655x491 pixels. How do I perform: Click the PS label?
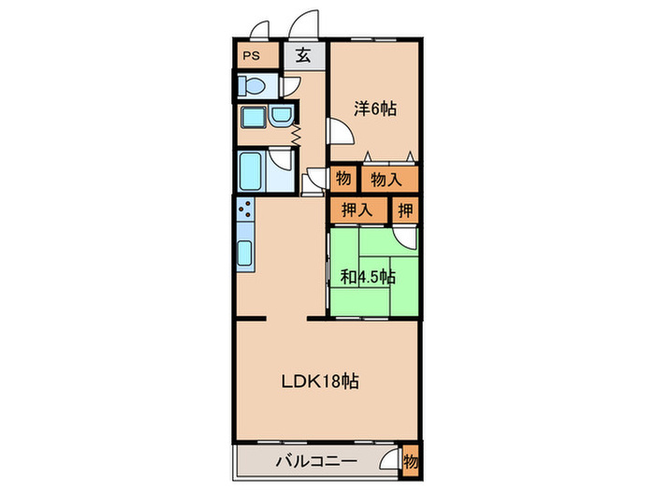(251, 55)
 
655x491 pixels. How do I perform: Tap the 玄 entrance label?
(304, 55)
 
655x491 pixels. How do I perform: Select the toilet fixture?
(250, 86)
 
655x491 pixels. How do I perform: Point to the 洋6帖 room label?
(374, 108)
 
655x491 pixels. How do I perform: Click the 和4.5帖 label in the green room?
(367, 277)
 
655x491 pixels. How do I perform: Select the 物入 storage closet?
(386, 178)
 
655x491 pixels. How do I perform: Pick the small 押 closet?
(404, 209)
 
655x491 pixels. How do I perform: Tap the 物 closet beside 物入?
(342, 178)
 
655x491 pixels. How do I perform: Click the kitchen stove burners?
(245, 211)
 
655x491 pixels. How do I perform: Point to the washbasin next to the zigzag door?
(281, 118)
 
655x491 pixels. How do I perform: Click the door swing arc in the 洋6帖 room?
(337, 133)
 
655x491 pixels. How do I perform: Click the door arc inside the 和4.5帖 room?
(407, 238)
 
